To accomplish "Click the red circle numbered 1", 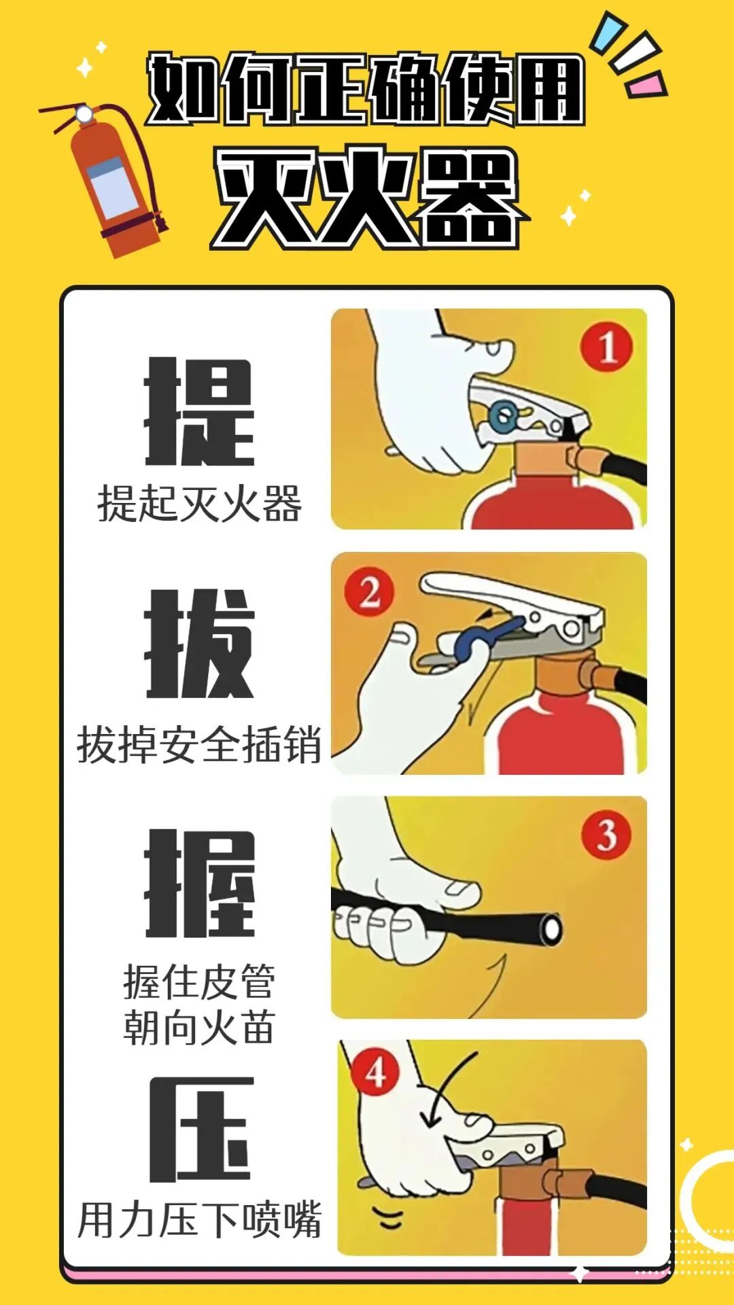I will point(606,347).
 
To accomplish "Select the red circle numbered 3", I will point(606,835).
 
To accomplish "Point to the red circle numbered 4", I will point(376,1073).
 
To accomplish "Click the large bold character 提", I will point(199,412).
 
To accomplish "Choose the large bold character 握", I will point(199,883).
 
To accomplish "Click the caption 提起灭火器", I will point(199,504).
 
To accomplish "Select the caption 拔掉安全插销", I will point(199,745).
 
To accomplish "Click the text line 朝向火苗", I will point(199,1027).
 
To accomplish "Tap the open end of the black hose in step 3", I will point(551,929).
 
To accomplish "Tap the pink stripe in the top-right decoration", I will point(645,85).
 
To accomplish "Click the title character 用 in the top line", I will point(548,90).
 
